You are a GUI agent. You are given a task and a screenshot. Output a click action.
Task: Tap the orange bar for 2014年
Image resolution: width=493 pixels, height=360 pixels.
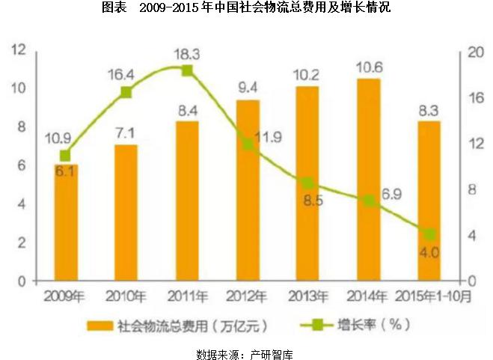369,180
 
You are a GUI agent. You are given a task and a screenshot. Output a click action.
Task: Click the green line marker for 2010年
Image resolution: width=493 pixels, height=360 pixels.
126,92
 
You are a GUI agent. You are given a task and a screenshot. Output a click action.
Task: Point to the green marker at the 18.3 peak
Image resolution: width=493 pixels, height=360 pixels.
187,70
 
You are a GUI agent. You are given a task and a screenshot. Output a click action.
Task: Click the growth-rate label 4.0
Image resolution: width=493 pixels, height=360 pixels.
429,251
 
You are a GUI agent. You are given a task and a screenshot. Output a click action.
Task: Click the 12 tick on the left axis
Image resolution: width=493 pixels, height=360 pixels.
19,50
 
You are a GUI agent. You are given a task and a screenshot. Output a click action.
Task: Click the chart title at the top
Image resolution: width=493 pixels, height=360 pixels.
247,8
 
